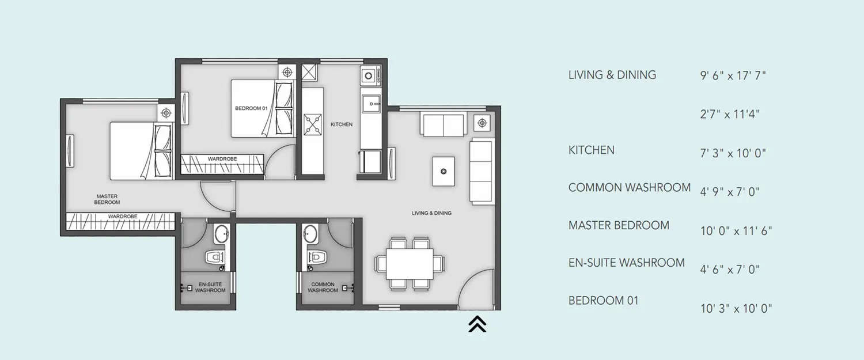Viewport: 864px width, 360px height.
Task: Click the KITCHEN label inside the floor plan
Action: [x=341, y=124]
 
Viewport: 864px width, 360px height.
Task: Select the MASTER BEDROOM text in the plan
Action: [x=108, y=199]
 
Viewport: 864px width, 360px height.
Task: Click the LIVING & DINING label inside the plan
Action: [x=431, y=213]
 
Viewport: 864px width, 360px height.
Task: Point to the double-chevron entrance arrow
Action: [x=477, y=324]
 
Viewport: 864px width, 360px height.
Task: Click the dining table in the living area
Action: [x=410, y=263]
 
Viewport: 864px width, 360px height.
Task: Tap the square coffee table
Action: [x=443, y=171]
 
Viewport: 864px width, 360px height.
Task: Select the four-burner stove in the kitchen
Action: [x=313, y=124]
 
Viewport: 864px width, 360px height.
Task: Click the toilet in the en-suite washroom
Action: [x=215, y=257]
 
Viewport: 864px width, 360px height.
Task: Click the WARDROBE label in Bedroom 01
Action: [x=222, y=159]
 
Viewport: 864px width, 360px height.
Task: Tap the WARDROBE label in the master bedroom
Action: [x=122, y=217]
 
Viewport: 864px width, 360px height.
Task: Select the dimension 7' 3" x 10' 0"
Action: [x=733, y=153]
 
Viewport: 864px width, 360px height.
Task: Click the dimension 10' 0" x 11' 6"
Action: [x=736, y=231]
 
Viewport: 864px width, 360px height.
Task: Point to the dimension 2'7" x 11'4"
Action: [x=730, y=114]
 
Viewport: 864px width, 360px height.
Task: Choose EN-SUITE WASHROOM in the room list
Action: [x=626, y=263]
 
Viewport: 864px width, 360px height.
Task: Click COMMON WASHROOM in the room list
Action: [x=629, y=187]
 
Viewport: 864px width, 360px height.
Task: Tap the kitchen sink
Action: [x=369, y=104]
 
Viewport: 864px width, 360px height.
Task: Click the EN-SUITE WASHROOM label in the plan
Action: [x=210, y=287]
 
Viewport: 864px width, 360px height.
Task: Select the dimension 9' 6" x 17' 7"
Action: [x=733, y=75]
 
